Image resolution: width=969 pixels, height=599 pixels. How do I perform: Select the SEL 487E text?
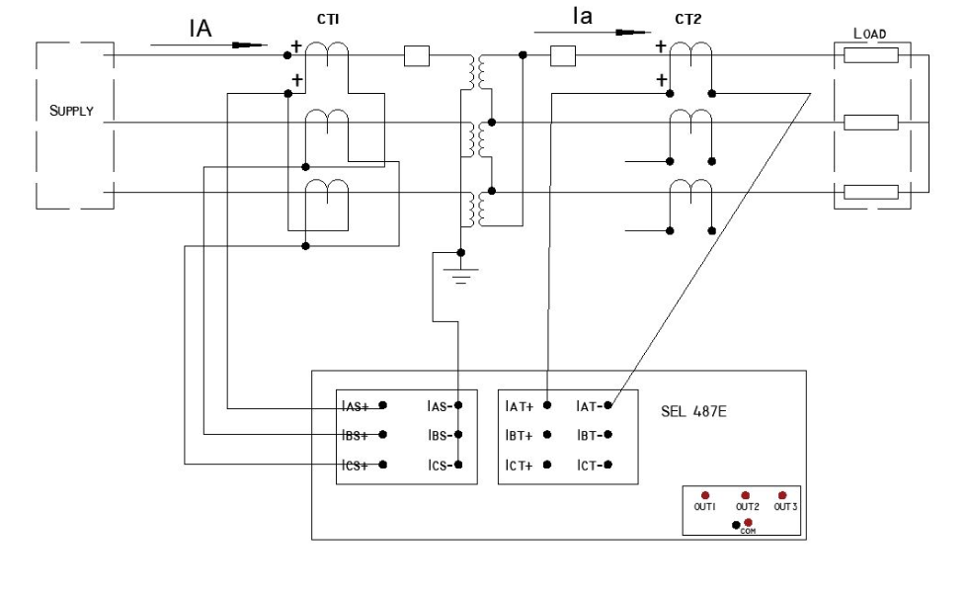point(695,407)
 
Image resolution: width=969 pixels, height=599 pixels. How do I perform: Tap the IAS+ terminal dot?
point(383,406)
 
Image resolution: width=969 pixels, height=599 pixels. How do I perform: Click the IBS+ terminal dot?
point(383,435)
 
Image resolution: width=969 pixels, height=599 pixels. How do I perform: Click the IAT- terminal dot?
point(609,405)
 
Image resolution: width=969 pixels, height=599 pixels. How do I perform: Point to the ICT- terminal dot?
point(609,465)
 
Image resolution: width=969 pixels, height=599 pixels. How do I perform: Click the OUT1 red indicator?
point(705,494)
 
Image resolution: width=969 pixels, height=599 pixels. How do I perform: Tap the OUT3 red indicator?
point(781,494)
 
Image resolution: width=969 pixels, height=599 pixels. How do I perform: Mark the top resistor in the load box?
point(870,55)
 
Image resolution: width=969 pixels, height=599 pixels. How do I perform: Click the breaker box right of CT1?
point(417,56)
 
